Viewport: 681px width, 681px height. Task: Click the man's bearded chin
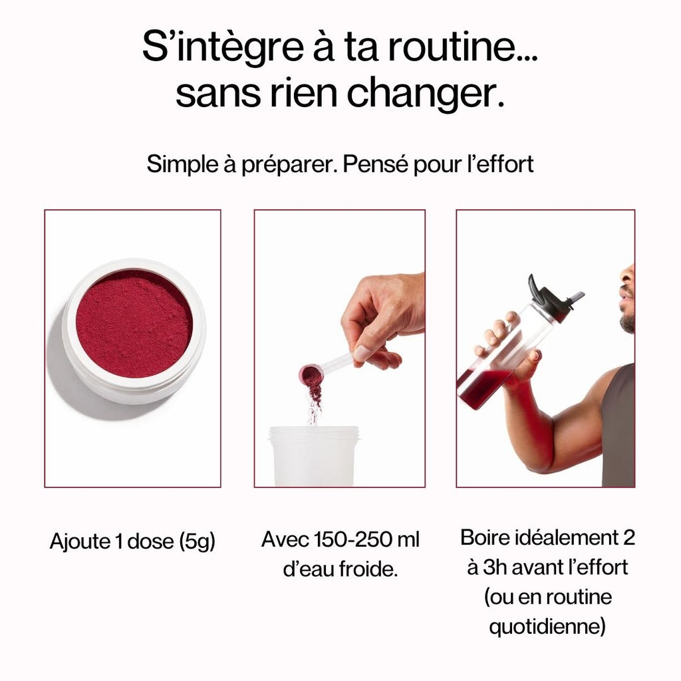626,322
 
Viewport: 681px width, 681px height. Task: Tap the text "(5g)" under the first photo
198,541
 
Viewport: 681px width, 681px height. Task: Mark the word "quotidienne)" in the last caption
547,626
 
